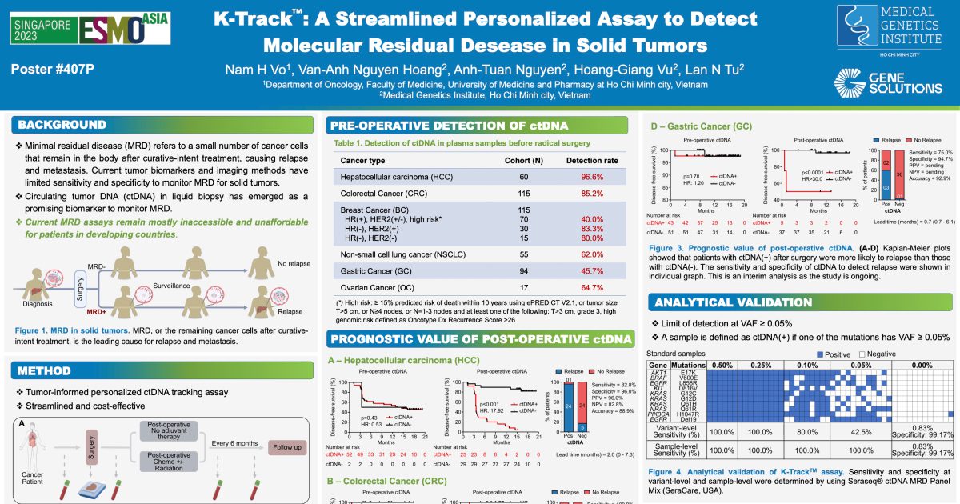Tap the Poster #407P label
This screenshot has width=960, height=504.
pyautogui.click(x=53, y=69)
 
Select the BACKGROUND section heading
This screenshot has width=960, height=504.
pyautogui.click(x=62, y=125)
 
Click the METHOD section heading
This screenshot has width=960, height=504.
pyautogui.click(x=46, y=370)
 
